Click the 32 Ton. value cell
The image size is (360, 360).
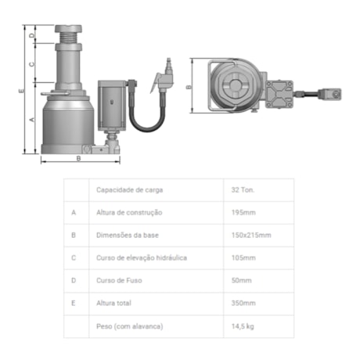tap(243, 190)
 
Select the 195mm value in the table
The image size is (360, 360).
tap(243, 213)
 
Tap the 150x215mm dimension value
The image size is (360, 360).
tap(251, 236)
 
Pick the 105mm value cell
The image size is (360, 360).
tap(243, 258)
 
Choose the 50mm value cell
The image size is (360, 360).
tap(241, 280)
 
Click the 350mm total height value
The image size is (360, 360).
tap(243, 303)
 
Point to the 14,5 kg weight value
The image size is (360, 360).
tap(243, 326)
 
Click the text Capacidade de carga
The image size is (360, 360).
tap(129, 190)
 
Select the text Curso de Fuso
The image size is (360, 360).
tap(119, 280)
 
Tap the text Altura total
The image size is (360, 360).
tap(113, 303)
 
